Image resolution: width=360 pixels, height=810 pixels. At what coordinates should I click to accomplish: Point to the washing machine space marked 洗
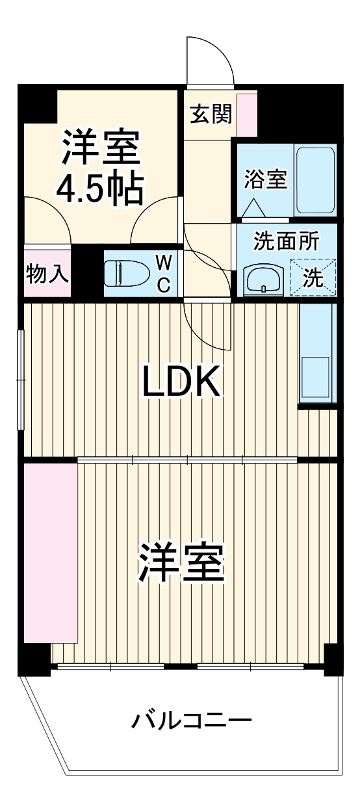point(314,278)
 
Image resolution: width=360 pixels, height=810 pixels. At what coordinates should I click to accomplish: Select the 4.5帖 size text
point(99,189)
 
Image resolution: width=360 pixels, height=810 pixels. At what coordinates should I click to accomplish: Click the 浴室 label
point(265,179)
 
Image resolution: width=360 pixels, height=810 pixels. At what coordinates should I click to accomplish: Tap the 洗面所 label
point(286,241)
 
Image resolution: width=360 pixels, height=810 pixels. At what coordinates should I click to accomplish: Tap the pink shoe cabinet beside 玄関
point(247,114)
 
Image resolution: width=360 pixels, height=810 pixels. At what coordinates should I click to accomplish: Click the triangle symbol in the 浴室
point(253,208)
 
